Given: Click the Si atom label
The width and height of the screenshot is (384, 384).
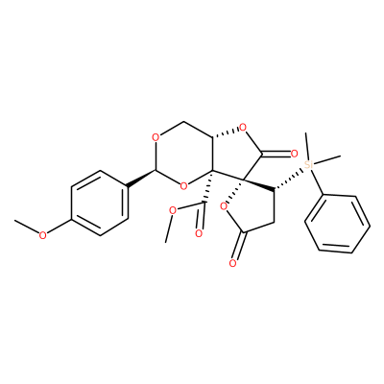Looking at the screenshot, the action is (x=308, y=164).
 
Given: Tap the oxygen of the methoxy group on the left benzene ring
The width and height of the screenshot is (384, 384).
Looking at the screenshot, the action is (x=42, y=235).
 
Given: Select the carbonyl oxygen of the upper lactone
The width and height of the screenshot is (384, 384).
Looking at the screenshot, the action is (x=295, y=154).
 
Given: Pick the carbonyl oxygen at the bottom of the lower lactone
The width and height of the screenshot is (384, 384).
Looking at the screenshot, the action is (x=232, y=263).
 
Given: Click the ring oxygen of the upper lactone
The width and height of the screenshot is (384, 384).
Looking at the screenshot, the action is (x=243, y=128).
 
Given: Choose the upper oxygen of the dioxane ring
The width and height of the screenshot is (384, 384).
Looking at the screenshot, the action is (x=156, y=138).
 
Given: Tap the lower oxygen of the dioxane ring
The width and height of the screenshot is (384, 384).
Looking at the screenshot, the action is (x=183, y=185).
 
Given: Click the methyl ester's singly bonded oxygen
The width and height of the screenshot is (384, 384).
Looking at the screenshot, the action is (x=173, y=210).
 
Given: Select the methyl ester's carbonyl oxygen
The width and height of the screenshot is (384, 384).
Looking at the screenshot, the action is (x=199, y=233).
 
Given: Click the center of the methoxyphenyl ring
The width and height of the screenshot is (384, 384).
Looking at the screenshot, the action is (x=100, y=204).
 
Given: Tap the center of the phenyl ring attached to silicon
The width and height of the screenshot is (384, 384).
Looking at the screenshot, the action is (x=337, y=224).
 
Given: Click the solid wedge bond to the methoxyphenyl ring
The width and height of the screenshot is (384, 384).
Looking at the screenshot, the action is (x=142, y=178).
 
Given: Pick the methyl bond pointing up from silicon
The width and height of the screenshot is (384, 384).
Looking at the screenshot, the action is (x=307, y=146).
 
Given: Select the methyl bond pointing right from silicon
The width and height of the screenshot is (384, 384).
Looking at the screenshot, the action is (x=326, y=160).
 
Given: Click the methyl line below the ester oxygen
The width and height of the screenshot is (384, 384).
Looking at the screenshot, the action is (x=168, y=229).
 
